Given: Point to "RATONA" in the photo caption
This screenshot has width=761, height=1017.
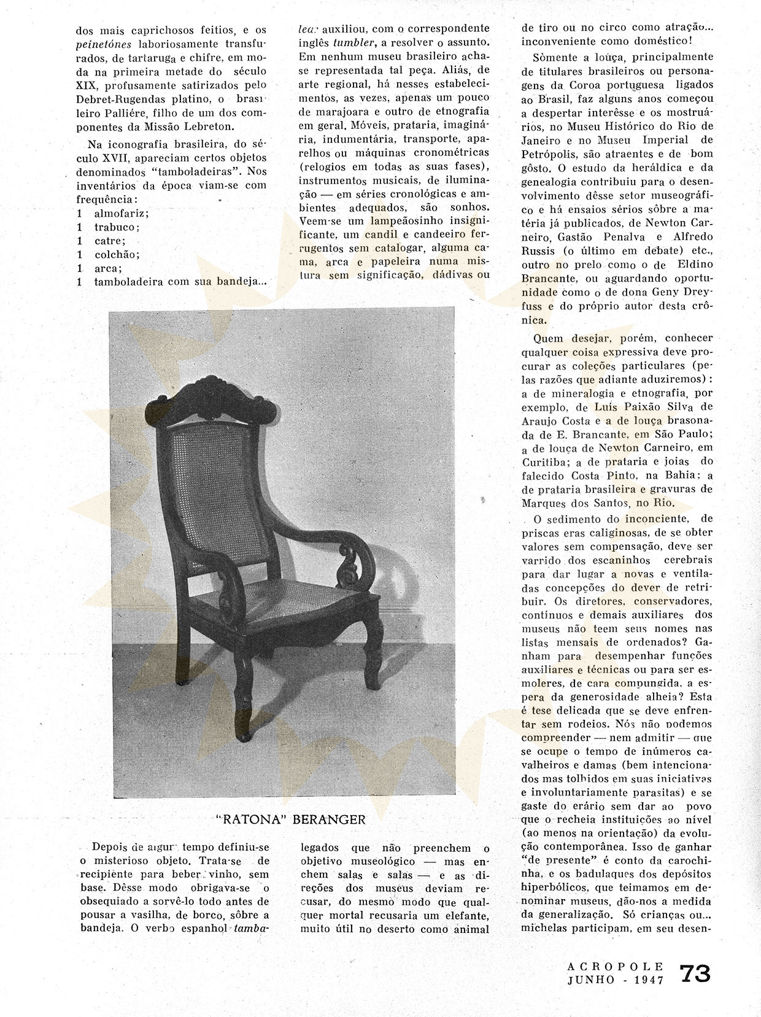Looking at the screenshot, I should (247, 819).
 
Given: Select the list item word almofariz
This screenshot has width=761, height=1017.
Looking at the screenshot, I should (122, 213).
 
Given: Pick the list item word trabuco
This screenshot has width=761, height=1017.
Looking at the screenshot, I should (116, 226).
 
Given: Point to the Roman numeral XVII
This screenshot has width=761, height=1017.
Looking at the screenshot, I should (122, 158).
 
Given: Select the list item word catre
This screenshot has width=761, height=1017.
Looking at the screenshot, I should (110, 241).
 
